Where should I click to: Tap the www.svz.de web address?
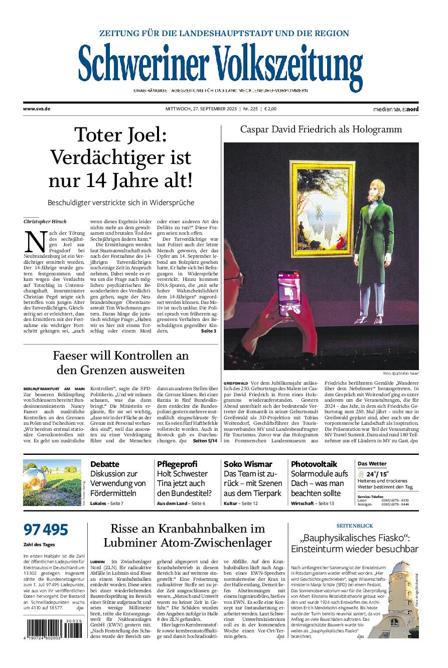(37, 109)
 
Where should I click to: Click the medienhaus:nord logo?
(395, 109)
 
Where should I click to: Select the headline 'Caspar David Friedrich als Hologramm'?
(321, 129)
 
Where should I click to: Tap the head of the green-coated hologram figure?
(371, 188)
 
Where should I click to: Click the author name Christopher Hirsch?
(45, 221)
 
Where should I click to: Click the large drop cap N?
(36, 242)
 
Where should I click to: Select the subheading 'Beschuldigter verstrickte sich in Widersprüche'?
(121, 203)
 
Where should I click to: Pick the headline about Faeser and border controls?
(121, 363)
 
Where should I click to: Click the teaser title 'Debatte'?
(104, 464)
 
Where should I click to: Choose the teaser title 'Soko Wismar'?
(248, 464)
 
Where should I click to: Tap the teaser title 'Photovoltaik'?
(314, 464)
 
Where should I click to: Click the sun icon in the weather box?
(360, 474)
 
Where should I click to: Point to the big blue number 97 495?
(46, 530)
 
